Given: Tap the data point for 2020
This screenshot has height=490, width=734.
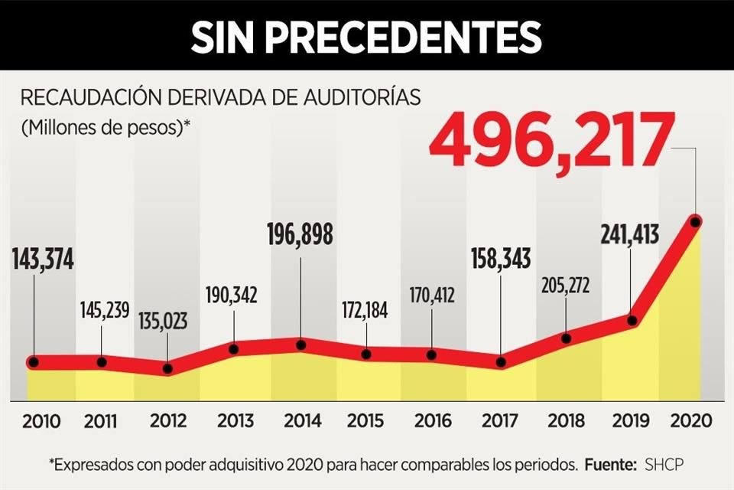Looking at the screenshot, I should click(695, 222).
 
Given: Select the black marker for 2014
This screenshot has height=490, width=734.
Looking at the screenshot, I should click(300, 345).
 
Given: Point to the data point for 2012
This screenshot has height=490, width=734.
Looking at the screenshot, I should click(168, 368).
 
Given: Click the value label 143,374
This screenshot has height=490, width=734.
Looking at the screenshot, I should click(43, 260).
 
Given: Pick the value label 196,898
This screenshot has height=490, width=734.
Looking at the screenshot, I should click(300, 235).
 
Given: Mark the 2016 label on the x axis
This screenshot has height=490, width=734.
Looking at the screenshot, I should click(433, 421).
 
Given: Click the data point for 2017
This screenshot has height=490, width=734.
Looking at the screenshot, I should click(501, 362).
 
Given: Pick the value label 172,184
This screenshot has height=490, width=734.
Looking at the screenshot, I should click(366, 314).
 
